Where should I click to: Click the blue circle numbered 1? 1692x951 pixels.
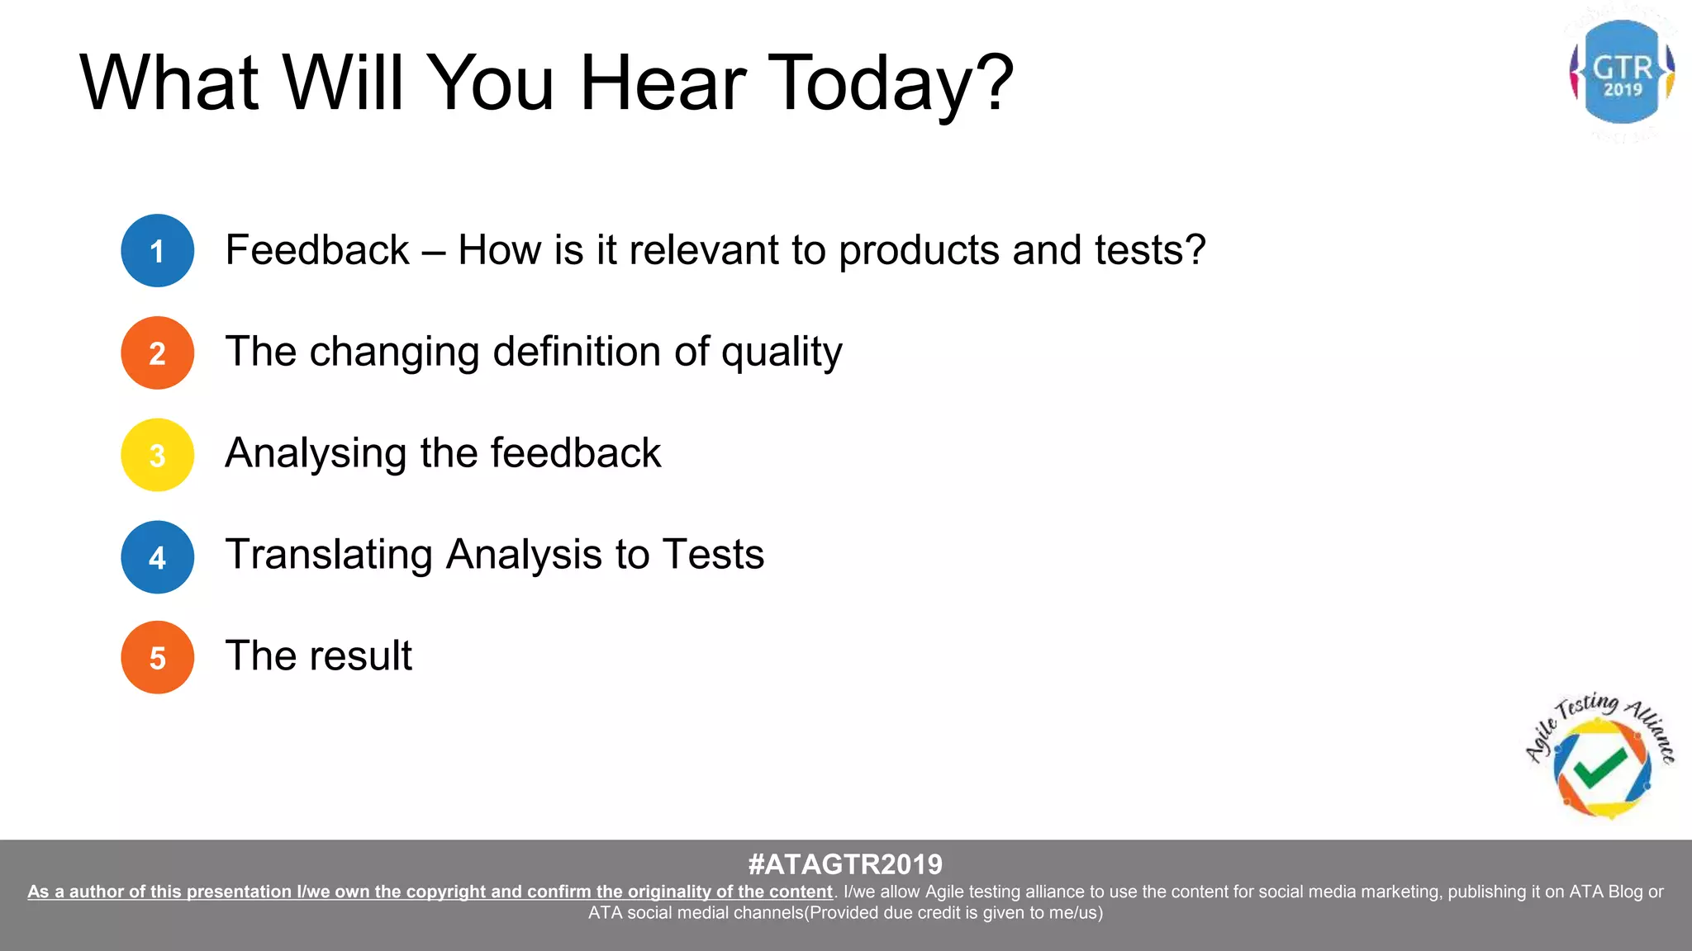[x=157, y=251]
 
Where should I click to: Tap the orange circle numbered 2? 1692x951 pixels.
[x=157, y=353]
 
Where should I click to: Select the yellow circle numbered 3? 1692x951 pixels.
[x=157, y=455]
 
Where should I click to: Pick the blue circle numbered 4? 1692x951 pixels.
[x=157, y=557]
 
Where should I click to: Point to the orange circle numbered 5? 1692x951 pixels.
[x=157, y=658]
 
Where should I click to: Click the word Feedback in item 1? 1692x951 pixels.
[x=317, y=250]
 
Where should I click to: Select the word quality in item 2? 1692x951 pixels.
[x=782, y=353]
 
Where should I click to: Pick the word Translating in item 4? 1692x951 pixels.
[x=329, y=555]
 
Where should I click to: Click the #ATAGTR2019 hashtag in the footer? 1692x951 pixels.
[x=845, y=864]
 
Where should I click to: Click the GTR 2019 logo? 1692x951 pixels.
[x=1622, y=73]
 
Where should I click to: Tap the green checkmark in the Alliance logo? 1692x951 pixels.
[x=1600, y=768]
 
